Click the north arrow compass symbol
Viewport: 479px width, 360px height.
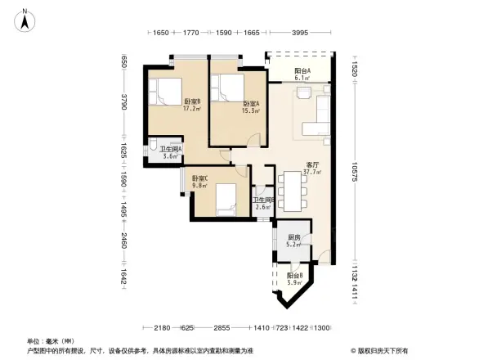(25, 20)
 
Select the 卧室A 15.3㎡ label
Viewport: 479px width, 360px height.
(251, 107)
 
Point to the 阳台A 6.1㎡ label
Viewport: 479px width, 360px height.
(302, 74)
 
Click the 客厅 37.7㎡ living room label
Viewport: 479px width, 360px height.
(312, 169)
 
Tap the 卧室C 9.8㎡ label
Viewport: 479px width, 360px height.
(200, 182)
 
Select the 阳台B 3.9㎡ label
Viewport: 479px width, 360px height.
(294, 279)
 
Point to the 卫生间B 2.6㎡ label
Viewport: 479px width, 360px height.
(263, 204)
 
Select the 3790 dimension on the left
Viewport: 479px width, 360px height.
(124, 103)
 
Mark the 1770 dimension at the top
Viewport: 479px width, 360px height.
(191, 34)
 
